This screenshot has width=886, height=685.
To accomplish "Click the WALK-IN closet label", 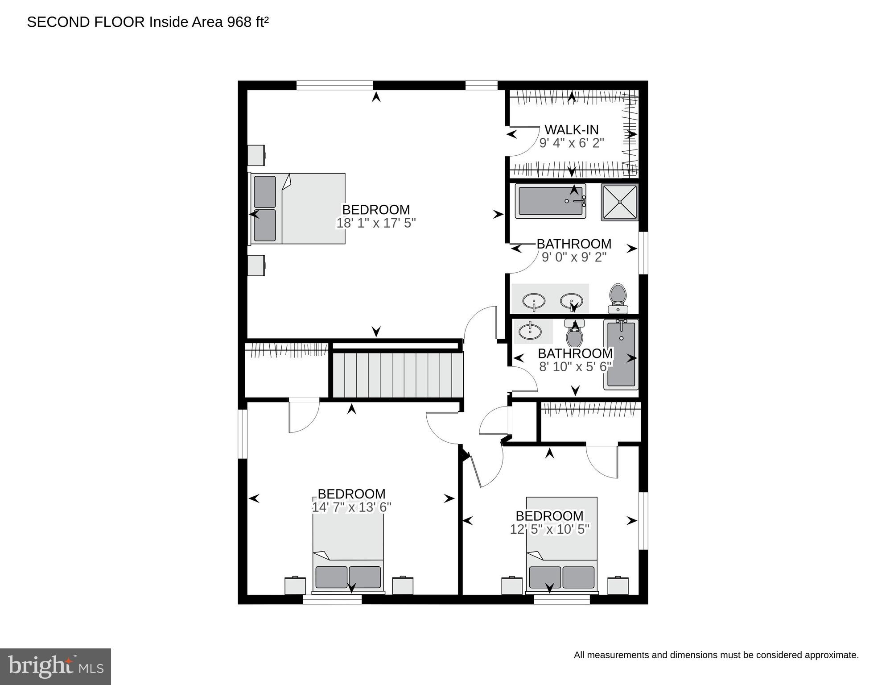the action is pos(571,130).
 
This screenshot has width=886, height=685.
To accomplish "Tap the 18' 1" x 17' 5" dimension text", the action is pos(376,223).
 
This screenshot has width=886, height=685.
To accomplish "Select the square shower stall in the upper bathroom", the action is pos(619,202).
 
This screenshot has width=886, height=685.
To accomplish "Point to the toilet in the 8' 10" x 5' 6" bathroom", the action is pos(574,333).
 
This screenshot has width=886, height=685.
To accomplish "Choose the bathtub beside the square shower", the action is pos(551,201).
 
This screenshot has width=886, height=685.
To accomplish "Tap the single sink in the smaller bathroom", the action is pos(531,331).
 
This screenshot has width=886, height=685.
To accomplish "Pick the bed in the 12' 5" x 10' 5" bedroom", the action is pos(561,545).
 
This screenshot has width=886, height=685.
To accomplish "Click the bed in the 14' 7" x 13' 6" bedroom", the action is pos(348,549).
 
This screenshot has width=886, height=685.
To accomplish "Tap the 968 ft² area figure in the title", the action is pos(248,21).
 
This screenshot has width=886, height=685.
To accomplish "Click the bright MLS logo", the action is pos(55,667).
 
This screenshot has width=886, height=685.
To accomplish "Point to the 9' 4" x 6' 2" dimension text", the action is pos(572,143).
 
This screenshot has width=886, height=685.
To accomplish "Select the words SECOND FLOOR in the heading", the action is pos(86,22).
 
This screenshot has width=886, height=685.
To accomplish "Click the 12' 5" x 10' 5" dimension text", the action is pos(550,529).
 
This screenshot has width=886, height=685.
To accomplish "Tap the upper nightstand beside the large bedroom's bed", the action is pos(257,155).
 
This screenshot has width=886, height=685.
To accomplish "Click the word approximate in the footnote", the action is pos(832,655).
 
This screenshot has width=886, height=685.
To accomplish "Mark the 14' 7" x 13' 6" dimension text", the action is pos(352,507).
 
